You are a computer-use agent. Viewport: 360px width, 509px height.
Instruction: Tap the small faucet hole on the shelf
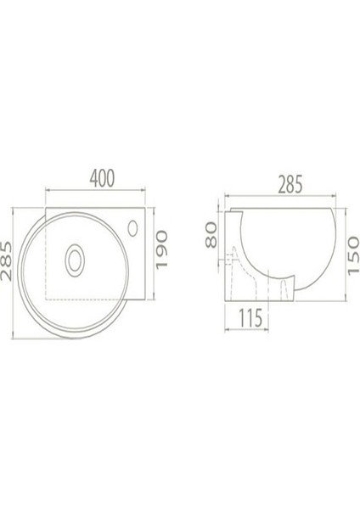[134, 226]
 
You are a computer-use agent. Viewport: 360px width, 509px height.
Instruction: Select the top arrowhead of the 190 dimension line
[154, 206]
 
